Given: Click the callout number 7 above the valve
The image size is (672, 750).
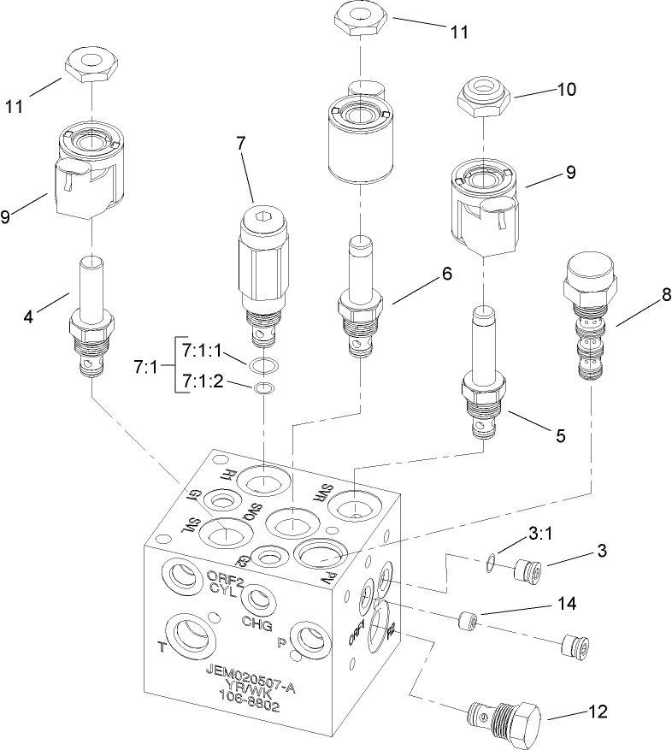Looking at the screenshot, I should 240,144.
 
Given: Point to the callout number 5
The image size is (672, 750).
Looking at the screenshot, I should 559,435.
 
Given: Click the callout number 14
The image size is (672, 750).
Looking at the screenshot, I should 567,604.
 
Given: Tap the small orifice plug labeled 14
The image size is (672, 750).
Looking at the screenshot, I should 468,619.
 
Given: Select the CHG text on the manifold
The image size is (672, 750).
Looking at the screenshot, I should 256,622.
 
